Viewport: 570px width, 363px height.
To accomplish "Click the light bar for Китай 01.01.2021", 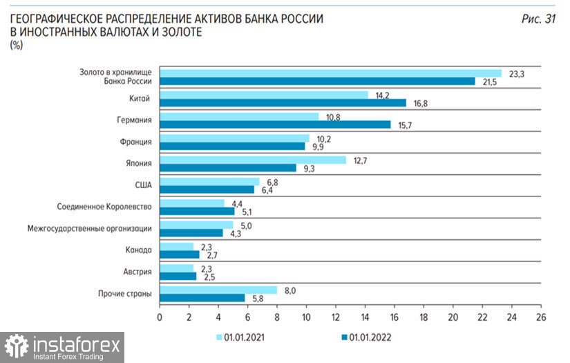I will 263,95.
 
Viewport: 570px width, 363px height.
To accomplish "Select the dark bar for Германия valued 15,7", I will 275,124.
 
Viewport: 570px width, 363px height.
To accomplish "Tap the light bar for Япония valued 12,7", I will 252,160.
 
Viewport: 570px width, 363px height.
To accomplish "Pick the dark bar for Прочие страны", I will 202,298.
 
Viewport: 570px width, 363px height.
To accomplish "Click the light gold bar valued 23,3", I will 330,73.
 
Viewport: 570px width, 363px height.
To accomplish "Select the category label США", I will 143,185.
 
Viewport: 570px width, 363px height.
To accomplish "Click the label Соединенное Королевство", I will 105,207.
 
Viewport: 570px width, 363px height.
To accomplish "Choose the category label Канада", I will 138,250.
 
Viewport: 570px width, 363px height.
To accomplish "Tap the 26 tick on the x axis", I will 541,317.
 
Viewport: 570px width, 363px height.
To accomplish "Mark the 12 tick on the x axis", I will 336,317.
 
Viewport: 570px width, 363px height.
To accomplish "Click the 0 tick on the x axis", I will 160,317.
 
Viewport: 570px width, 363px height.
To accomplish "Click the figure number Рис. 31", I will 538,19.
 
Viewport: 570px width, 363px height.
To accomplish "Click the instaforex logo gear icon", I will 17,346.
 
